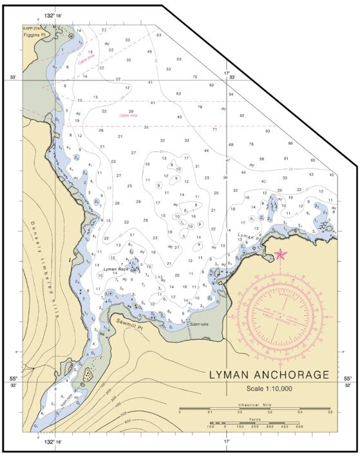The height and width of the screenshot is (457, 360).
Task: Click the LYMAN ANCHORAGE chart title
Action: tap(269, 375)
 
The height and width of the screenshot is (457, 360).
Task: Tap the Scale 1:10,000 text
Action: tap(269, 388)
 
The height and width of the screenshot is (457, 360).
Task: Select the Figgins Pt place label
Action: tap(35, 37)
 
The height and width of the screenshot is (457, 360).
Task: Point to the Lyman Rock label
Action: tap(116, 268)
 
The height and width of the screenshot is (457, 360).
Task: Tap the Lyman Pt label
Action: tap(247, 236)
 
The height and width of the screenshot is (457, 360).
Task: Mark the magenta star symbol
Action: tap(280, 254)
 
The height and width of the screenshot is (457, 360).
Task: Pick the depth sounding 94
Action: tap(231, 95)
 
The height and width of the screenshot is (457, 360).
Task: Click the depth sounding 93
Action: tap(267, 131)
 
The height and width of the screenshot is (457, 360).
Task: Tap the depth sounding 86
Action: tap(290, 144)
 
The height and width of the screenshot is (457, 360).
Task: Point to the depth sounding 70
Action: tap(194, 77)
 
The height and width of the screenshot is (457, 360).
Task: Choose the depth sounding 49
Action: tap(149, 51)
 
